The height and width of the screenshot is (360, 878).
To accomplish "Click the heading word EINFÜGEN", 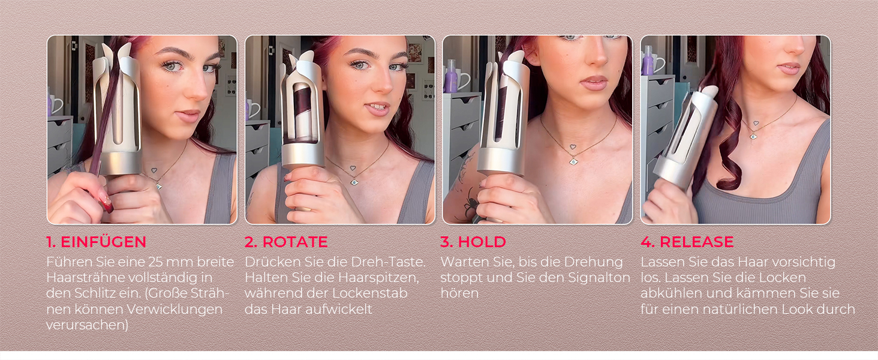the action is click(x=104, y=242).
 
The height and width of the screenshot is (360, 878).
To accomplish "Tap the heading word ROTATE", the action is click(x=294, y=242).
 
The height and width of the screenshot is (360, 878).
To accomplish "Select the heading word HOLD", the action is click(x=482, y=242).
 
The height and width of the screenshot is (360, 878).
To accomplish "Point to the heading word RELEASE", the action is click(x=696, y=242).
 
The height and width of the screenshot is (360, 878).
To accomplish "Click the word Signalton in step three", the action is click(x=599, y=278).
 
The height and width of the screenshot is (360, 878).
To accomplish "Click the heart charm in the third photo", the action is click(x=573, y=147).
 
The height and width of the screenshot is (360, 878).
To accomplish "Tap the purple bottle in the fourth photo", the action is click(x=647, y=61).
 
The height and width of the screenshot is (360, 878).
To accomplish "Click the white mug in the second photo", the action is click(x=253, y=109).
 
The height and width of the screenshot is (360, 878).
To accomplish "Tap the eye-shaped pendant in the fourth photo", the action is click(x=753, y=136).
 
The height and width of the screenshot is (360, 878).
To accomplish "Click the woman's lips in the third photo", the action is click(x=594, y=83).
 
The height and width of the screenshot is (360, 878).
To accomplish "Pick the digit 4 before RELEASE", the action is click(x=647, y=242).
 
